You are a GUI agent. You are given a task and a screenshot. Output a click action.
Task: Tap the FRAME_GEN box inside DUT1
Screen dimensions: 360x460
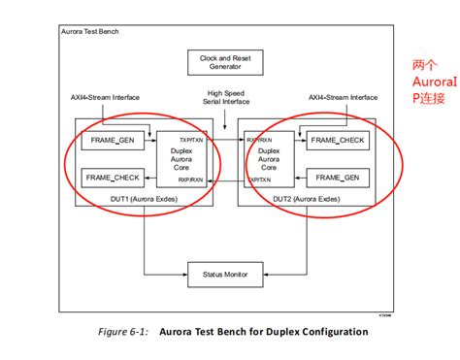pos(113,142)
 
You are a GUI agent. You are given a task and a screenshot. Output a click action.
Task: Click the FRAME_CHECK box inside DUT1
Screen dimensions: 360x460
pos(113,178)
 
